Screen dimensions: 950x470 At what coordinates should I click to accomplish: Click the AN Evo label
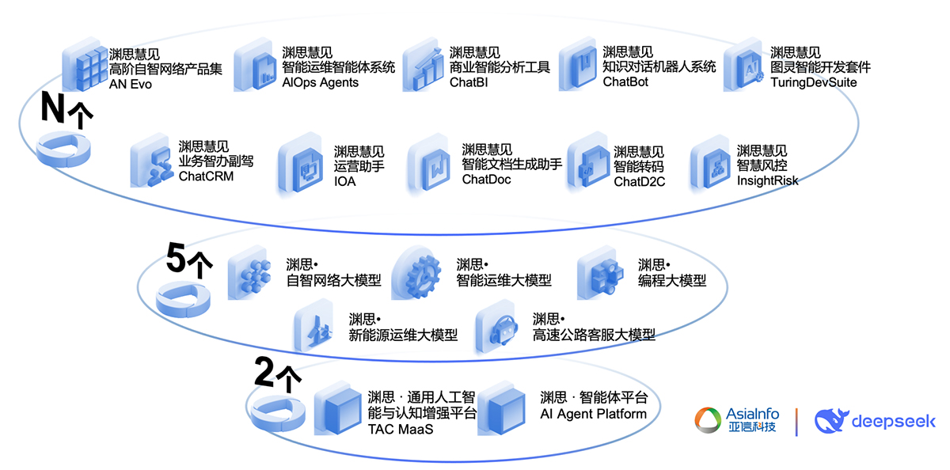[130, 85]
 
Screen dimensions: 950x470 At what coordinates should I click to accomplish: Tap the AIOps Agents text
[320, 82]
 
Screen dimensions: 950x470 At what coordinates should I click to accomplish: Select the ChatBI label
[468, 82]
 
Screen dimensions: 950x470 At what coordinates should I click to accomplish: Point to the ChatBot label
[625, 81]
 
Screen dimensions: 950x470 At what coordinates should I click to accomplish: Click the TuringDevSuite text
[814, 82]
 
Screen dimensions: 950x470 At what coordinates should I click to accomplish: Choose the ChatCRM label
[206, 176]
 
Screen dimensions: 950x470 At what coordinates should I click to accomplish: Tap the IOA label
[344, 181]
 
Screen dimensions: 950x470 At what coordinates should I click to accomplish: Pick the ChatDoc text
[486, 180]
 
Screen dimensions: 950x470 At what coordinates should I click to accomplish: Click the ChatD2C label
[639, 181]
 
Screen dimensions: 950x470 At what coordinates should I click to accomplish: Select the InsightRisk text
[767, 180]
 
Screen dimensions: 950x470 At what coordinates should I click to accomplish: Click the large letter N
[52, 108]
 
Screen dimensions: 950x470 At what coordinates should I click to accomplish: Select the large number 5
[176, 257]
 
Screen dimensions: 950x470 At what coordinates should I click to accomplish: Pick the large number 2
[264, 371]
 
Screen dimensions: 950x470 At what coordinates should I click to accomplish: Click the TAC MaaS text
[401, 430]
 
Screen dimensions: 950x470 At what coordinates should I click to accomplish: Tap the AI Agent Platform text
[593, 414]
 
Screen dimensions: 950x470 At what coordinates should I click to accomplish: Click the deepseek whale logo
[830, 421]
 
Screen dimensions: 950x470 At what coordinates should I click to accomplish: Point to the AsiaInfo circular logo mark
[708, 420]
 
